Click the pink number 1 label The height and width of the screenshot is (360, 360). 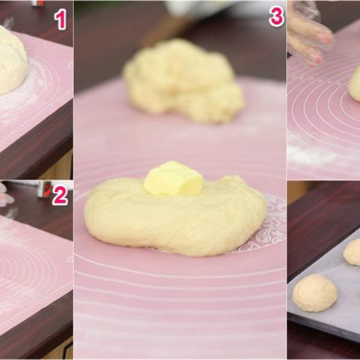[61, 19]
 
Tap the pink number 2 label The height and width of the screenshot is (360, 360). [60, 196]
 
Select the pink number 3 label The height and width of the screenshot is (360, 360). [277, 16]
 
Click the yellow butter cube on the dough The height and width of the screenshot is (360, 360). [173, 178]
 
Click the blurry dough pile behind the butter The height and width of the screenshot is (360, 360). [184, 81]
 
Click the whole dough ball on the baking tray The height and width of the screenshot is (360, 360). [315, 292]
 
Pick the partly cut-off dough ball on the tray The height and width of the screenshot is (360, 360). [352, 252]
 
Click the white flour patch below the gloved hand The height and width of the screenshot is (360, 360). [313, 152]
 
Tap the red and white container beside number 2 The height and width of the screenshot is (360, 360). [44, 189]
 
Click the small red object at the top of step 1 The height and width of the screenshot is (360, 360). [38, 3]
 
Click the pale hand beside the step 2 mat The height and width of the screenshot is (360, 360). [5, 195]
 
